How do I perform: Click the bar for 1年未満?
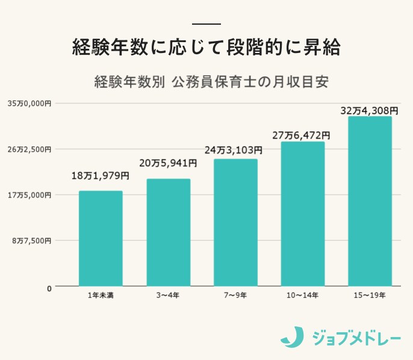coord(101,238)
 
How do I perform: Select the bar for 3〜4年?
coord(169,232)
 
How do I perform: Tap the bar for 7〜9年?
coord(235,223)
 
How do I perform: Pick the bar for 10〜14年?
coord(303,214)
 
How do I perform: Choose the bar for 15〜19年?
coord(370,201)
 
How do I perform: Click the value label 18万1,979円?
coord(101,176)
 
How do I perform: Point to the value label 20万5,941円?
coord(168,163)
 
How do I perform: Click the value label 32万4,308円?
coord(369,111)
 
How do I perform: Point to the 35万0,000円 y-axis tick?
coord(29,104)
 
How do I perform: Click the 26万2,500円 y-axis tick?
coord(29,149)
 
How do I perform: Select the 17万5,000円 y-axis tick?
coord(29,195)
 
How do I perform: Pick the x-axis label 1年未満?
coord(101,295)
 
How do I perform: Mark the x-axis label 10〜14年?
coord(303,295)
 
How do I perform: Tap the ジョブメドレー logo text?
coord(356,337)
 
